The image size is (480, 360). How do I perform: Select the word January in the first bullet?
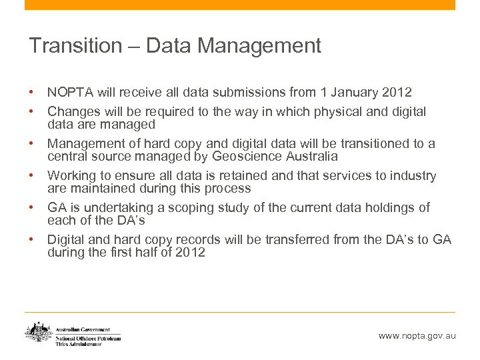tap(351, 92)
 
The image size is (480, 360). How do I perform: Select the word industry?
tap(413, 176)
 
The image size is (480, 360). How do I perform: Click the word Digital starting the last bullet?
tap(67, 240)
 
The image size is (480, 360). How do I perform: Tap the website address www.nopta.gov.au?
tap(417, 336)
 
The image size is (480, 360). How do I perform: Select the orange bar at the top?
tap(240, 5)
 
